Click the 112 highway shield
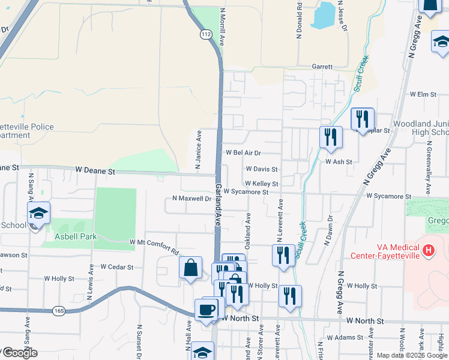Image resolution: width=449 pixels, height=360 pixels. click(x=206, y=35)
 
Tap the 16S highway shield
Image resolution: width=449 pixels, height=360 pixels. click(x=58, y=311)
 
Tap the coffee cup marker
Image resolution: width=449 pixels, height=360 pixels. click(x=206, y=309)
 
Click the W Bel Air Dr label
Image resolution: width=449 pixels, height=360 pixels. click(x=244, y=153)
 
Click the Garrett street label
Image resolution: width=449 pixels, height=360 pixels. click(x=322, y=67)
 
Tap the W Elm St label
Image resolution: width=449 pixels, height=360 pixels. click(x=423, y=94)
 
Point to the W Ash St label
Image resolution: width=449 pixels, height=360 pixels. click(x=339, y=161)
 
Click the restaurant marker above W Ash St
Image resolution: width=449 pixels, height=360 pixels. click(x=331, y=137)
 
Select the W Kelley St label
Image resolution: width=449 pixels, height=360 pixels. click(x=261, y=184)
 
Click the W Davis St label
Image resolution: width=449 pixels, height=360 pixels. click(x=261, y=170)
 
